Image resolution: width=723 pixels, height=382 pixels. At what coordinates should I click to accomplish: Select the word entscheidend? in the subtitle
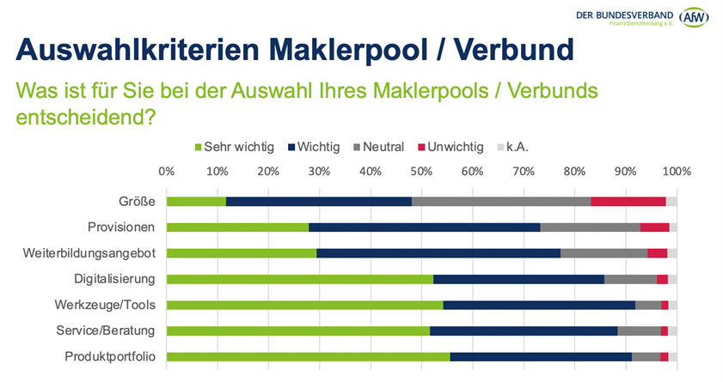coord(86,115)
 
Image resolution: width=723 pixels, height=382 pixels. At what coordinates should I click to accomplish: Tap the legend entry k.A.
coord(517,147)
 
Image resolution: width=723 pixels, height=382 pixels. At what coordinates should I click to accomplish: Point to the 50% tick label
coord(421,171)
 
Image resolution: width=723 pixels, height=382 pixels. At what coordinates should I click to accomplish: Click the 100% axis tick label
coord(676,171)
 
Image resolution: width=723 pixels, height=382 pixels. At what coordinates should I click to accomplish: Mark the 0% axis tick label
coord(167,171)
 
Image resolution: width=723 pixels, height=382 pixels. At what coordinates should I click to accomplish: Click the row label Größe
coord(137,202)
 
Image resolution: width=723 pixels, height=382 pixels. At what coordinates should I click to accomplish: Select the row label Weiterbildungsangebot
coord(89,253)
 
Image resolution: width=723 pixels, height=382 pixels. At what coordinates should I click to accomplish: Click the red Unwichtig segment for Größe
coord(628,202)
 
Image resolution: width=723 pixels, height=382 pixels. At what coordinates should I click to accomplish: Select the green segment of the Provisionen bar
coord(237,227)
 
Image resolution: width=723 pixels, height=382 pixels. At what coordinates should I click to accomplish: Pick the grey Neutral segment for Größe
coord(501,202)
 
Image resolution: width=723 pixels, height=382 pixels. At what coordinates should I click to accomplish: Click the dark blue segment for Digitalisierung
coord(518,279)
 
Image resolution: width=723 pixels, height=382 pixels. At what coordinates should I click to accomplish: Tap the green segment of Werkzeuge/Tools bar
coord(304,305)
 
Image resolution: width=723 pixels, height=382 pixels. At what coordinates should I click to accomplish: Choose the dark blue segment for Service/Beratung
coord(524,330)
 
